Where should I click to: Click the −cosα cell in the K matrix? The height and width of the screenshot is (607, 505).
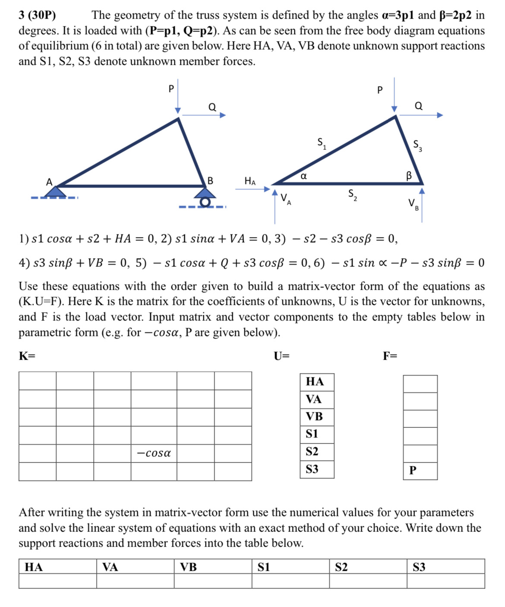154,453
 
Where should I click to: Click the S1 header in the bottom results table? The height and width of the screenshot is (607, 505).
264,567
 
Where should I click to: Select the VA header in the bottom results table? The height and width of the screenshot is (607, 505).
110,567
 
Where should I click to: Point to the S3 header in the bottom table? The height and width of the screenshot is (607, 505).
419,567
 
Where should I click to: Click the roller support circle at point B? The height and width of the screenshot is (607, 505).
206,202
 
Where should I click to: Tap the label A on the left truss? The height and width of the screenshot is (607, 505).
49,182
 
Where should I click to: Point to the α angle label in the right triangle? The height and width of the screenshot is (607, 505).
303,176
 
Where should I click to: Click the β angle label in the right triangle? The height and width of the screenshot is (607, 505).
409,175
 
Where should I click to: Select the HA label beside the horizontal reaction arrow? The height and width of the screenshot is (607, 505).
250,181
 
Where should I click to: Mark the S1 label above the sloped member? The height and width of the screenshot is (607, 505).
322,143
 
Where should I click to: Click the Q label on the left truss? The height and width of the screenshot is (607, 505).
212,107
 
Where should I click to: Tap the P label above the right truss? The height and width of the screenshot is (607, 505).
380,90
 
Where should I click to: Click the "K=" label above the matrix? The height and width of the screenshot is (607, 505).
27,356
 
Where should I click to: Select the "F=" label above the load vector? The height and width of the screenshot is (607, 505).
390,356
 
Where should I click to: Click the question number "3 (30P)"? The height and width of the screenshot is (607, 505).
37,16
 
